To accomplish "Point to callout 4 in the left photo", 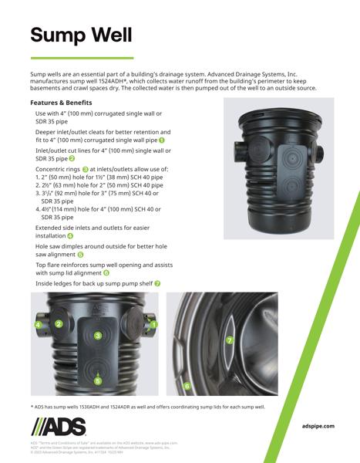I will (37, 325).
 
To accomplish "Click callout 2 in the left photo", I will (58, 324).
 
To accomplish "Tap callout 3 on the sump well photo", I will (98, 336).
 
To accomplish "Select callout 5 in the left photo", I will (98, 380).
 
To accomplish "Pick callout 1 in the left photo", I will (154, 325).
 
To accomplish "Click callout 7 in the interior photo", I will (229, 340).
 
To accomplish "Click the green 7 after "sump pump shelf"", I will (158, 283).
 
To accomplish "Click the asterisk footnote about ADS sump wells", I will (147, 406).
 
